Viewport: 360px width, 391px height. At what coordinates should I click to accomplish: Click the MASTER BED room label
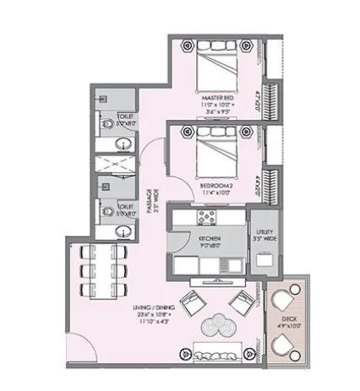(217, 98)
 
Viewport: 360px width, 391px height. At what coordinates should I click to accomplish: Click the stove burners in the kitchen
(205, 218)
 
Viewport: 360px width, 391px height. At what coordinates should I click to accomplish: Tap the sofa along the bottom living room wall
(215, 351)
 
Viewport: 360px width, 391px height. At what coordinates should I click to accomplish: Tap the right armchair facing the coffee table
(240, 300)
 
